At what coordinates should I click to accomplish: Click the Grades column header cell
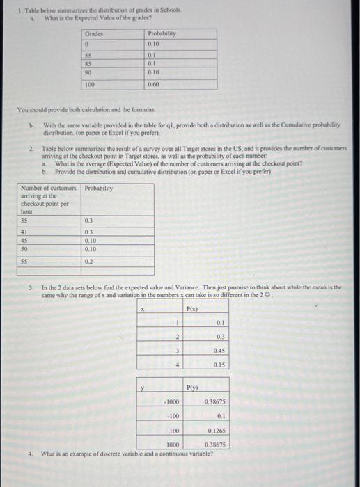coord(93,33)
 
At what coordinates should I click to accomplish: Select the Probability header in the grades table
coord(162,33)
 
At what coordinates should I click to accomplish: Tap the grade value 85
coord(90,61)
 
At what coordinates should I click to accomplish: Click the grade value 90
coord(90,69)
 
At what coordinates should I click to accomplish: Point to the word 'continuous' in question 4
coord(152,454)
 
